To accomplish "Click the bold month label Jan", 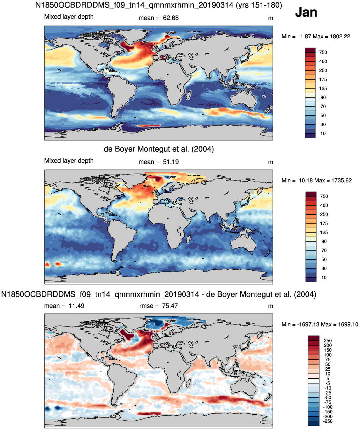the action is point(306,12).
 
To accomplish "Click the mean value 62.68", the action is point(171,18).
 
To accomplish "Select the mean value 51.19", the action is point(171,162).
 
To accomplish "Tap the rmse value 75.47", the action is point(170,306).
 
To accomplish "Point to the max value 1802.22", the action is point(340,36).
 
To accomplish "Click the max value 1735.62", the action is point(341,180).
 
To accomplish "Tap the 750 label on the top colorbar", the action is point(323,52).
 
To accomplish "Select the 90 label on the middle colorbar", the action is point(324,242).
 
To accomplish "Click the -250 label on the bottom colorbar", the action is point(328,421).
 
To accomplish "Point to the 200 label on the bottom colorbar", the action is point(328,345).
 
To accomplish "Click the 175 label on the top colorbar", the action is point(323,80).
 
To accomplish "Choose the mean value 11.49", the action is point(76,306).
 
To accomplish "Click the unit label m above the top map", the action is point(271,18).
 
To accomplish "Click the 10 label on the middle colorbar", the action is point(324,277).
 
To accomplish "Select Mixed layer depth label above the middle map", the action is point(69,161).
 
